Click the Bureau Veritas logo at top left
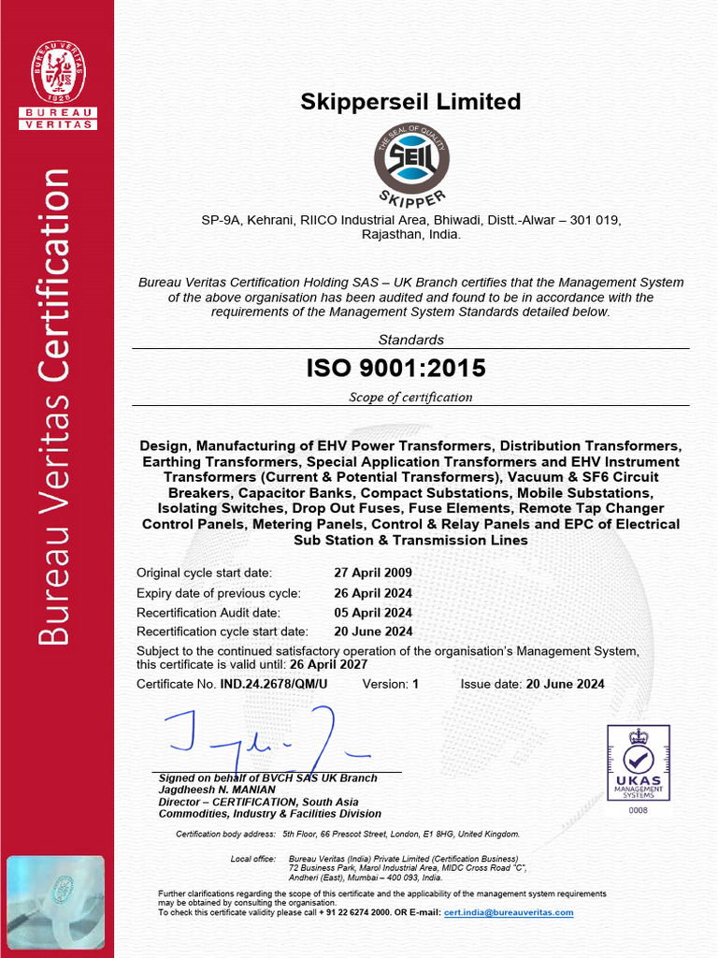(x=58, y=84)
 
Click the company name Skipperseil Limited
(x=410, y=102)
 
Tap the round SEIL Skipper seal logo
(x=411, y=161)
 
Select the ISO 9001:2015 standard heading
(x=396, y=369)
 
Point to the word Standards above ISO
(x=410, y=340)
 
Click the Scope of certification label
(x=410, y=397)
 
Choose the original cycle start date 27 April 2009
(x=373, y=573)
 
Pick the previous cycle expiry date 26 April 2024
(x=373, y=593)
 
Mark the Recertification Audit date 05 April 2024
(x=373, y=612)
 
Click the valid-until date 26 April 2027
(x=326, y=664)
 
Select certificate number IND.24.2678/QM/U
(x=274, y=684)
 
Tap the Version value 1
(x=415, y=684)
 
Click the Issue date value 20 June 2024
(x=565, y=684)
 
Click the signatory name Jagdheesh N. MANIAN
(x=217, y=790)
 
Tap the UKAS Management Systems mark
(x=639, y=762)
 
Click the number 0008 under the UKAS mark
(x=638, y=810)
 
